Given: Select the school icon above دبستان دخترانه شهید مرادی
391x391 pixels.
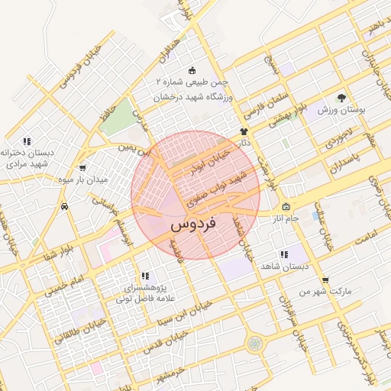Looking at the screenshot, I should [x=27, y=141].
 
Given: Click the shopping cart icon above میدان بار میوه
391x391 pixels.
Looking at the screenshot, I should [x=82, y=168].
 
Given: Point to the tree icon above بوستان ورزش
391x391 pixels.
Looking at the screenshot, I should [x=341, y=98].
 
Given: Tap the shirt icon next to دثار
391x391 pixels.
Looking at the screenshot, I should [x=244, y=131].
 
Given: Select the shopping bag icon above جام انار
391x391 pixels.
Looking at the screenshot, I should [x=286, y=207].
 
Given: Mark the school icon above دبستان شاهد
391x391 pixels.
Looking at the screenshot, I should [x=283, y=254].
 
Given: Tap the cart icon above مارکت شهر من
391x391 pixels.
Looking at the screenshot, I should [x=326, y=280].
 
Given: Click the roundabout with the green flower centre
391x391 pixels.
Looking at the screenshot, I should [x=254, y=344].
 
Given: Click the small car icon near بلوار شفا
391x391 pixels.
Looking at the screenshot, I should [x=65, y=206].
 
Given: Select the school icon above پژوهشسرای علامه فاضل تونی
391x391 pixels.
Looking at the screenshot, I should [x=145, y=276].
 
